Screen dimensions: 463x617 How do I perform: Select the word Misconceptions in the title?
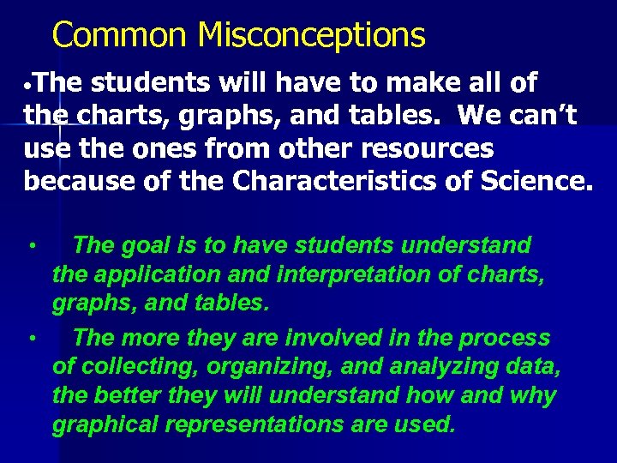tap(311, 36)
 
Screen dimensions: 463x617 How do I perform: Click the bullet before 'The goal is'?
tap(30, 247)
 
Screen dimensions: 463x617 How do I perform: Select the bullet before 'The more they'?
tap(30, 340)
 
